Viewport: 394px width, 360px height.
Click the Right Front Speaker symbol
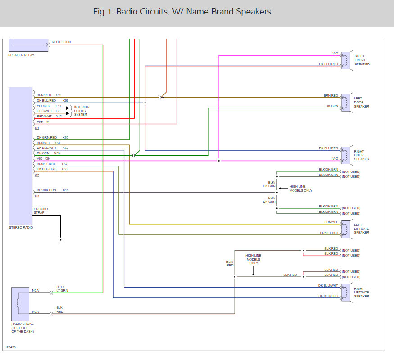coord(346,60)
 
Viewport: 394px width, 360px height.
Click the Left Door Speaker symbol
coord(346,103)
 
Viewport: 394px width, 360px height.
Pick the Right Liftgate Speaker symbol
coord(346,292)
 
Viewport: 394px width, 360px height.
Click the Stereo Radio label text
coord(21,228)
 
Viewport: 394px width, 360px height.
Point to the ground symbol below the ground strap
coord(61,241)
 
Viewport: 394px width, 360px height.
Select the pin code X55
coord(59,95)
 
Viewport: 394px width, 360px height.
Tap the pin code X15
coord(66,190)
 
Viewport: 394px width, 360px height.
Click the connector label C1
coord(36,128)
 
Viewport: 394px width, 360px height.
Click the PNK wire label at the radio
coord(40,121)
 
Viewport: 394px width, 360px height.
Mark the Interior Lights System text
coord(82,111)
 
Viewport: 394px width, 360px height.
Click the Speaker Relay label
coord(21,55)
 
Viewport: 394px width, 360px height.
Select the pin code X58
coord(64,169)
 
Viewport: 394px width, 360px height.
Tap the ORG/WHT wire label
coord(45,111)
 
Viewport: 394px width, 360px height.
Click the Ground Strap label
coord(41,211)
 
